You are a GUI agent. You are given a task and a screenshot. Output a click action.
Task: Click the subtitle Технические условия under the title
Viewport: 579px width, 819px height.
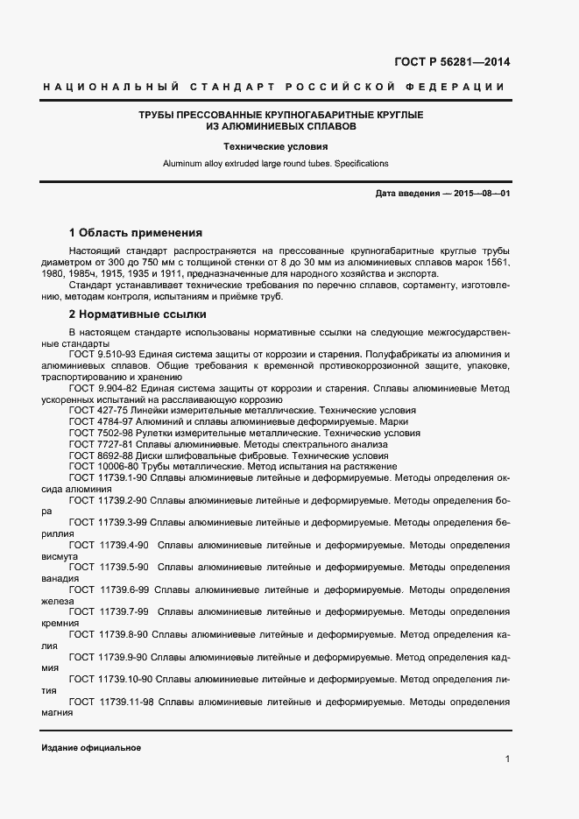[275, 147]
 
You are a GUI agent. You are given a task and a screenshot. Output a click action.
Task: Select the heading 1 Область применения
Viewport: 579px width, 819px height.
[136, 233]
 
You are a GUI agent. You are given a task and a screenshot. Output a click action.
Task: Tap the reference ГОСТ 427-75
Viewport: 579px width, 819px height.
[95, 410]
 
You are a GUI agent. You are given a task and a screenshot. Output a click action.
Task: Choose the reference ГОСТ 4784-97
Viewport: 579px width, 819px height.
[98, 421]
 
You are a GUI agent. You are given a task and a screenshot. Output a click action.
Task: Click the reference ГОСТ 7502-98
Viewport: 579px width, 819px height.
[98, 433]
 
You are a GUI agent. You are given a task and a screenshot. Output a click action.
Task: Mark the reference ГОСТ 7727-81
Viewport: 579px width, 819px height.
[98, 444]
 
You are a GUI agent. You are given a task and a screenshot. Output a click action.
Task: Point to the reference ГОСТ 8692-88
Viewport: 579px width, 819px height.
[98, 455]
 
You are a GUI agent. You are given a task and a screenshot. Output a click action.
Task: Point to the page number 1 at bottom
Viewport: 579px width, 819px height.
[507, 759]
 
